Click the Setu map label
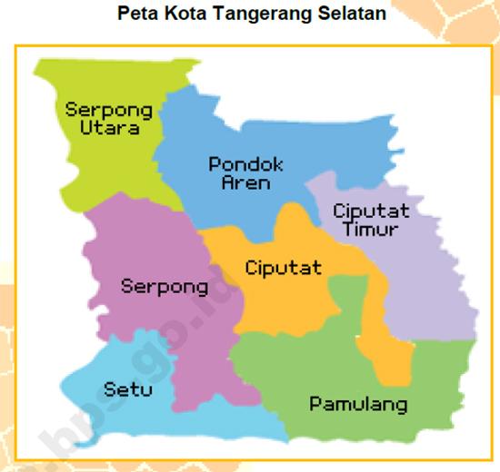coord(128,389)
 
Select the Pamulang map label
coord(358,404)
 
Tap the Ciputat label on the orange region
coord(283,268)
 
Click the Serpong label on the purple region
coord(165,287)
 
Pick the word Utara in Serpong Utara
coord(109,128)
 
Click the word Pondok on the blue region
coord(245,164)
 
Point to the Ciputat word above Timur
coord(371,211)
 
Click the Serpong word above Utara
coord(108,110)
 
